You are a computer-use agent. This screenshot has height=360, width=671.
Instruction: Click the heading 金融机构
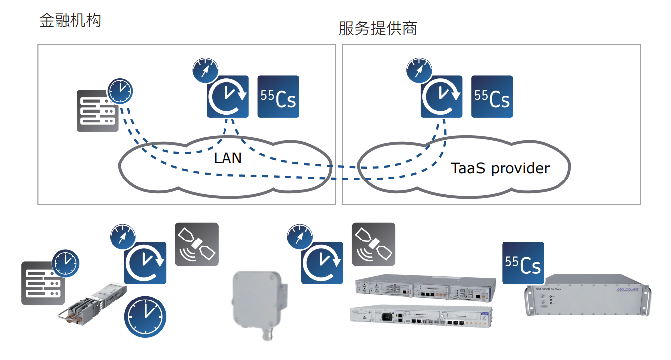point(70,20)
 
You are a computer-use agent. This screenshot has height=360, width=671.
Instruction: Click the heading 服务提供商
point(378,28)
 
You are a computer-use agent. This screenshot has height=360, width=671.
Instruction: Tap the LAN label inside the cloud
point(228,158)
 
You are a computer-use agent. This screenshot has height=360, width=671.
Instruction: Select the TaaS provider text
point(500,168)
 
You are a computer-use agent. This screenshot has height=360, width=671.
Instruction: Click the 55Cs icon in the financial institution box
point(279,97)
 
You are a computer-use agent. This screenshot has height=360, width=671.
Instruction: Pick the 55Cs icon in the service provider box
point(492,97)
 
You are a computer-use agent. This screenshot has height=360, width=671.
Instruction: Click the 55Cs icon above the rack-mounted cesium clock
point(523,263)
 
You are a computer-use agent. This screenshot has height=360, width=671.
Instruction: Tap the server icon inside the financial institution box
point(97,112)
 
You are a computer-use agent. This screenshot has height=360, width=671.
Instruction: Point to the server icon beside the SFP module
point(42,283)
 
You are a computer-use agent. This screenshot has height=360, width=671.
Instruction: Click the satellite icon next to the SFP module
point(197,244)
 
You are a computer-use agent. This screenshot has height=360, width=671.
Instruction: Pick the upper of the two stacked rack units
point(425,289)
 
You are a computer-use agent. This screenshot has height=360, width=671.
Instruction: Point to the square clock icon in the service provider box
point(442,97)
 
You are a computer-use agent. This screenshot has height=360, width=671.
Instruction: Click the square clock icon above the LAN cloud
point(228,97)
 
